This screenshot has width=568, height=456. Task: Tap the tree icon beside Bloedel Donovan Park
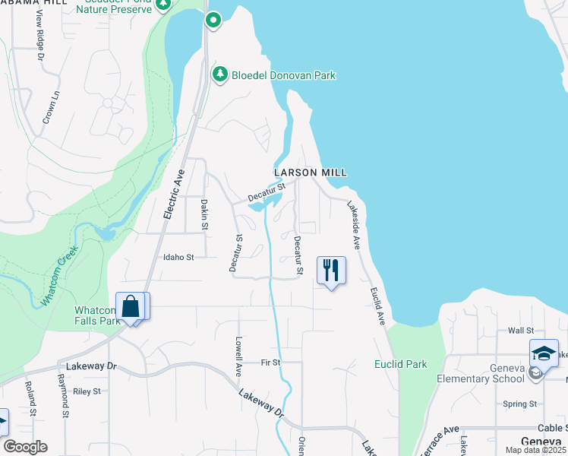click(219, 74)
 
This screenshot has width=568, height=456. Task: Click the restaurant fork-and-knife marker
click(331, 271)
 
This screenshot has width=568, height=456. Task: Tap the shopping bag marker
click(131, 307)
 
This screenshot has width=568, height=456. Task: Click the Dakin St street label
click(204, 214)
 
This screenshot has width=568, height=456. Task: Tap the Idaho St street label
click(178, 258)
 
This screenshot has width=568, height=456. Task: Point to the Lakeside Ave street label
click(354, 225)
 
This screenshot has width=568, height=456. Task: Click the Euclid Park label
click(400, 364)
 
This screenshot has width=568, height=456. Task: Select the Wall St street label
click(521, 331)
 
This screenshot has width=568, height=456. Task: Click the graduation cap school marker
click(544, 353)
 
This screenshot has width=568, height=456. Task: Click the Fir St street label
click(271, 363)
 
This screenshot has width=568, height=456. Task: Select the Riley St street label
click(87, 391)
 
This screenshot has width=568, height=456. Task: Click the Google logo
click(25, 447)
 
